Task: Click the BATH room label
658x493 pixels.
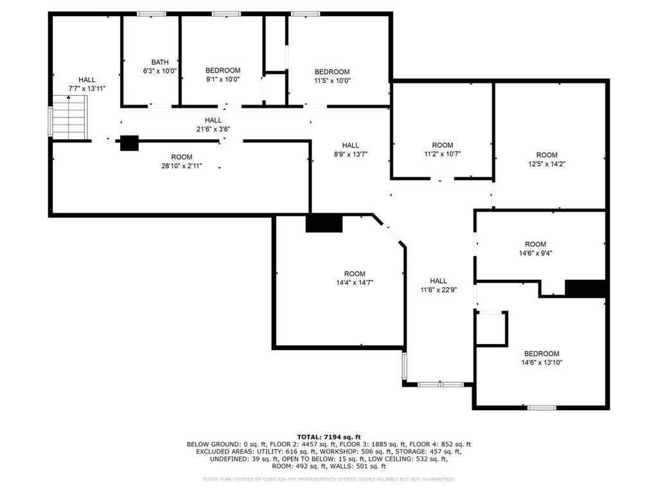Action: click(x=160, y=62)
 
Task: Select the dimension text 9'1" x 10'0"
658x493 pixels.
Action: click(x=223, y=79)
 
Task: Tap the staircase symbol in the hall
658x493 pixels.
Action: click(x=69, y=117)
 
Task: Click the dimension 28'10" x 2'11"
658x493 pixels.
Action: click(x=182, y=166)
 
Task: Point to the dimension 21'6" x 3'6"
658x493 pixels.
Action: click(x=213, y=129)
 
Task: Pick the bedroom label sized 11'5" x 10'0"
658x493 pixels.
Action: click(x=332, y=72)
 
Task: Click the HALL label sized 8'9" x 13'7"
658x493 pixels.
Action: click(x=350, y=145)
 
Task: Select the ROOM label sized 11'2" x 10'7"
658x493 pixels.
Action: click(x=443, y=145)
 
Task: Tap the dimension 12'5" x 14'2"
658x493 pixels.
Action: click(x=547, y=164)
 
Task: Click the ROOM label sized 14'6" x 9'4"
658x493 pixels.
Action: click(x=535, y=244)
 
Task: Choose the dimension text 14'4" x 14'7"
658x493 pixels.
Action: click(x=355, y=282)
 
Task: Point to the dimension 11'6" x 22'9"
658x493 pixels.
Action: click(x=438, y=290)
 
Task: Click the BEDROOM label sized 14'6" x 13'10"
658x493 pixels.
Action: click(x=542, y=354)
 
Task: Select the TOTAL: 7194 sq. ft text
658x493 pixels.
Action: click(x=329, y=437)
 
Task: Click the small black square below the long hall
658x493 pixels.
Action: click(x=129, y=143)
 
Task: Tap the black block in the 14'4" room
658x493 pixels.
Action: click(x=324, y=223)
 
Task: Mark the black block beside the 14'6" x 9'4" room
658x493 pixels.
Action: click(x=585, y=288)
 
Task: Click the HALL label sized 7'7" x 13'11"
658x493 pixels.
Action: click(x=87, y=80)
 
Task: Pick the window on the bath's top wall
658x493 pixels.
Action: click(x=152, y=14)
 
